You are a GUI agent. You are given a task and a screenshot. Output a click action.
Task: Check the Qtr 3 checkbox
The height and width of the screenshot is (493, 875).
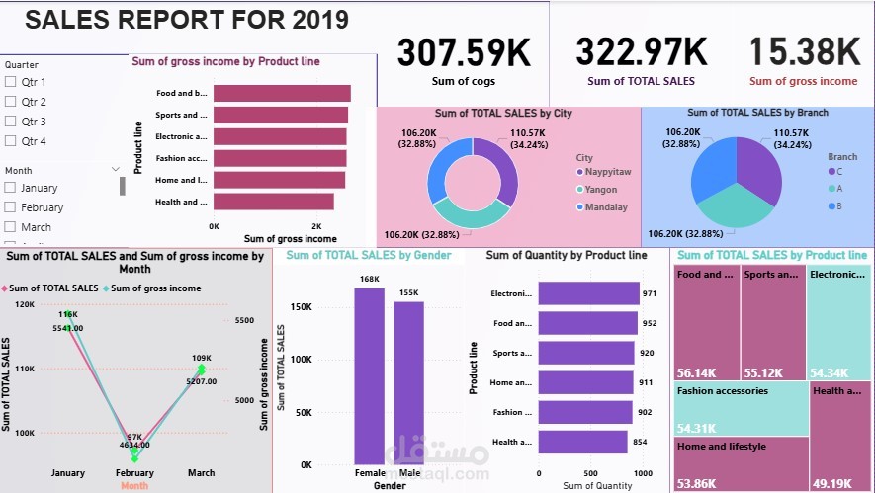(11, 122)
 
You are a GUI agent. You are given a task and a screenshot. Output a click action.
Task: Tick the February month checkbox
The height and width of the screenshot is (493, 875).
(11, 207)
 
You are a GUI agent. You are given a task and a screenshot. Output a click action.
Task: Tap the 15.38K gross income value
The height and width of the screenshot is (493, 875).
(804, 51)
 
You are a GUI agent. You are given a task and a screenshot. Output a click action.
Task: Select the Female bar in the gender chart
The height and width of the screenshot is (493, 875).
(370, 375)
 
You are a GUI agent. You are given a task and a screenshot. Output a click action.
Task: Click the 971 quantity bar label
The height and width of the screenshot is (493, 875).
(650, 293)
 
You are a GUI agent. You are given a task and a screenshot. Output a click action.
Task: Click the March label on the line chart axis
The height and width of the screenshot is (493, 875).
(201, 473)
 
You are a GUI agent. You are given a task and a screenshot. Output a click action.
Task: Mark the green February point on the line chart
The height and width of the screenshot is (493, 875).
(135, 456)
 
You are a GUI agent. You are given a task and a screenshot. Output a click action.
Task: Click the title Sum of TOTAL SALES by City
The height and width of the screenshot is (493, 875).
(509, 113)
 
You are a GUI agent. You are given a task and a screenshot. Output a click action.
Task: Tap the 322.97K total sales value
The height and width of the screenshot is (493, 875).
(641, 51)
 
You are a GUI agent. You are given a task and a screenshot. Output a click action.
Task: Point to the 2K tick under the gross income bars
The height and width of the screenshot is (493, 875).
(317, 226)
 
